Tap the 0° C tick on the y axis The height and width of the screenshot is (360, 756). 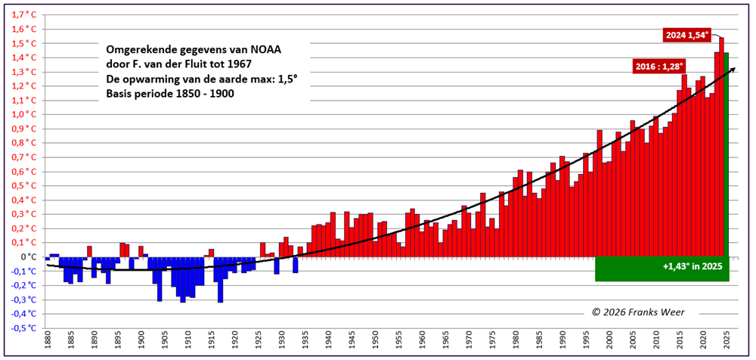pos(28,256)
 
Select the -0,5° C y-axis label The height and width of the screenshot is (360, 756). pos(23,328)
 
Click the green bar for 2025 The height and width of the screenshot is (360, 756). pos(727,151)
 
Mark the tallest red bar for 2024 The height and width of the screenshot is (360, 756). pos(721,144)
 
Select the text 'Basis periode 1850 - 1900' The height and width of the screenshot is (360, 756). pos(170,94)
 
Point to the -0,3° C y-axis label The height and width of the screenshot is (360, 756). pos(23,299)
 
